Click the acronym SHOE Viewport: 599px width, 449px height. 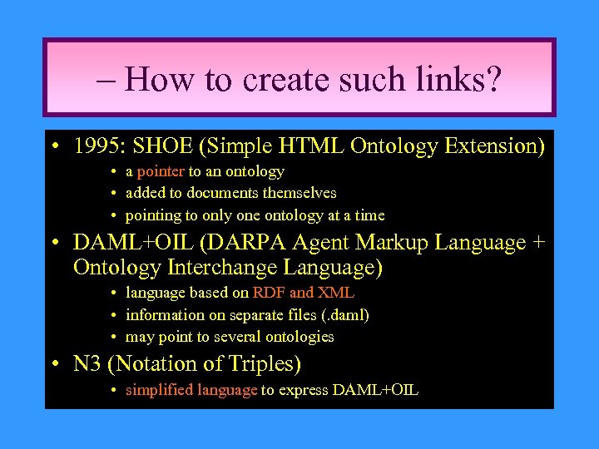[x=166, y=147]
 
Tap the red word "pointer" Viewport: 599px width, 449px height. [x=161, y=171]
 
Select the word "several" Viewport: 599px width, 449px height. [x=248, y=337]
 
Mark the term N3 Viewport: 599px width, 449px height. [x=87, y=364]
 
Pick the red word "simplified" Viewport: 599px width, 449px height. [x=160, y=389]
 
